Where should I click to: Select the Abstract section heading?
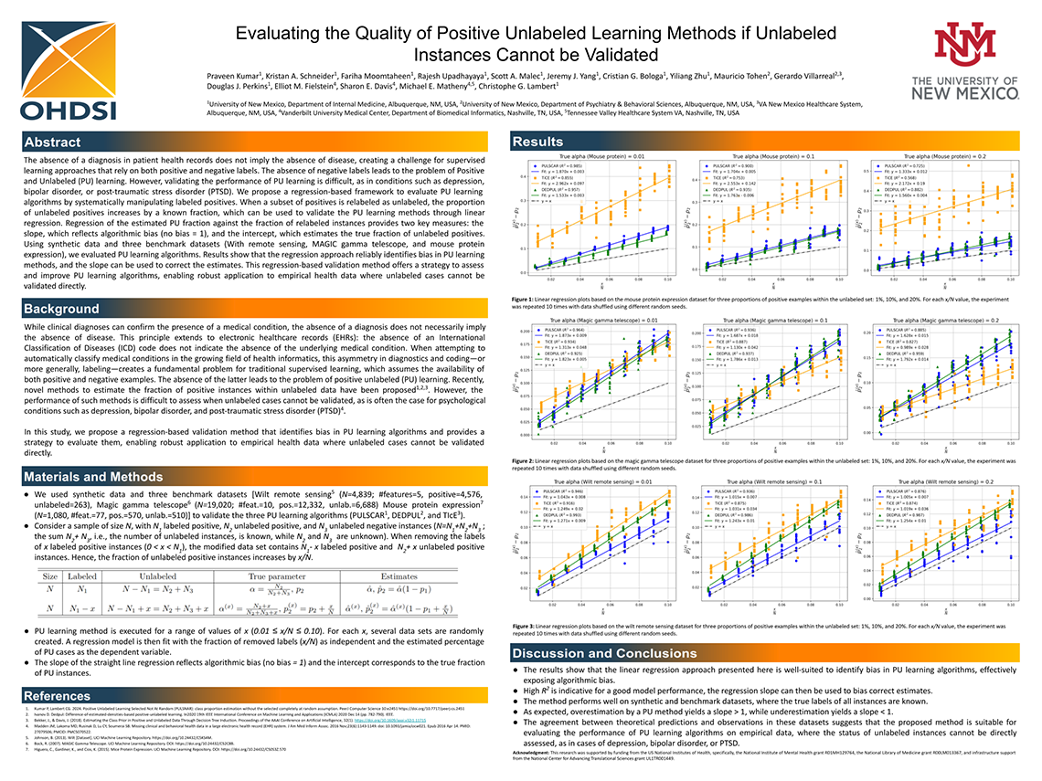pos(53,142)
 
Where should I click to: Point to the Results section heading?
pos(537,142)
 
